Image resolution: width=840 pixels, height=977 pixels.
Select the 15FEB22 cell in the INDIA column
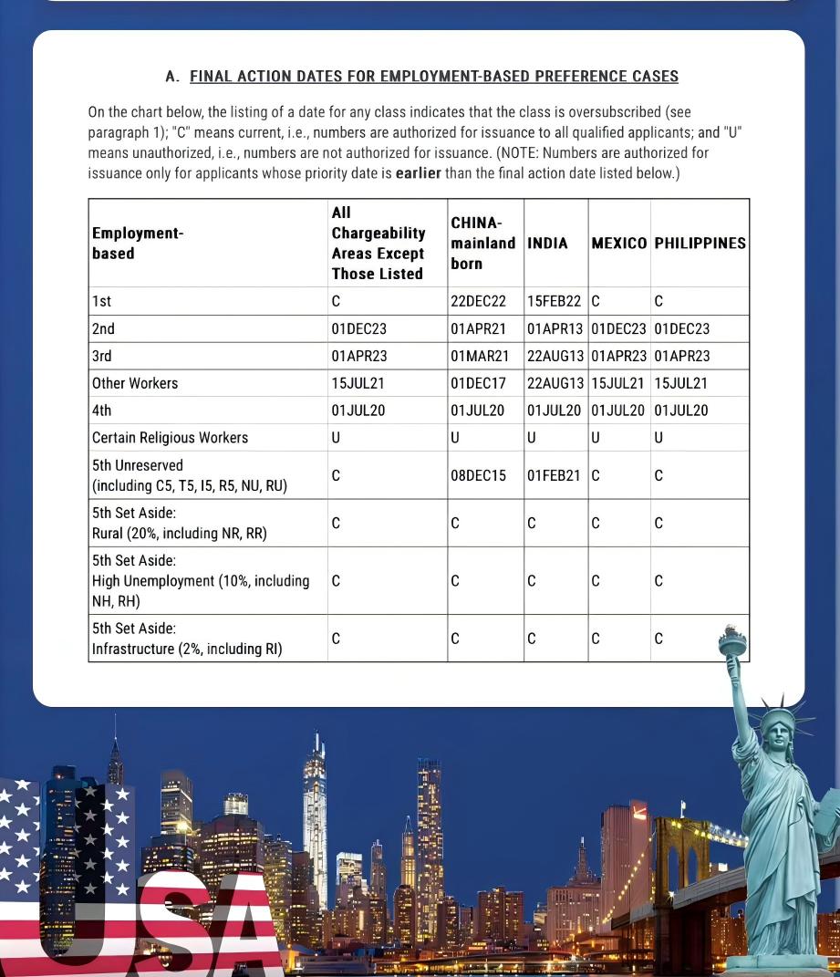pos(554,301)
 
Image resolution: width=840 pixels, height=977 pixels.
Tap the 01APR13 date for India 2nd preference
pos(555,328)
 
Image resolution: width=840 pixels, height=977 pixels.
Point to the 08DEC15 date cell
pos(478,475)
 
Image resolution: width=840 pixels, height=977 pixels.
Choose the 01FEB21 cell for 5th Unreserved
pos(554,475)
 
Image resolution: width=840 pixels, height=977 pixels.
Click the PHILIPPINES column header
pos(700,244)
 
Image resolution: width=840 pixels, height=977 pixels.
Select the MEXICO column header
pos(618,244)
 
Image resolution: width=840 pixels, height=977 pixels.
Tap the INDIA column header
pos(547,244)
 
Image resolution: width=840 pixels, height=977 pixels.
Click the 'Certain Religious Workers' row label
pos(170,438)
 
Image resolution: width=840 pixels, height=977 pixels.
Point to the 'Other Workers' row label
pos(135,383)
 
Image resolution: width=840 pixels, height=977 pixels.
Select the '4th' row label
pos(101,411)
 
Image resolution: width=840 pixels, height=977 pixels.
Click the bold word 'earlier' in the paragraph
pos(418,173)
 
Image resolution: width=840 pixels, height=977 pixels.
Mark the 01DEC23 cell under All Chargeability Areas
pos(359,328)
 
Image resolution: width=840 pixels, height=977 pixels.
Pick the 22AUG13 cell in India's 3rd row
pos(555,356)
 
